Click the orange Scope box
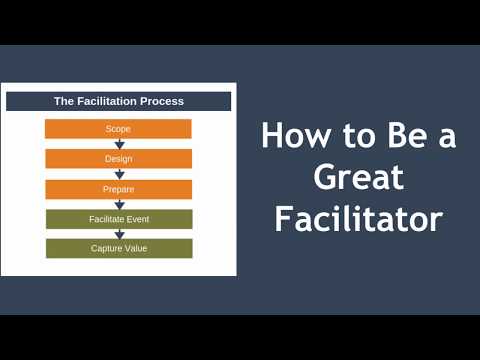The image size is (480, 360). coord(118,129)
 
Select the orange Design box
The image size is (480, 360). coord(118,159)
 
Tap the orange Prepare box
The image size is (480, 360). coord(118,189)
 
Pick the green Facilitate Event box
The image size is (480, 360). coord(118,219)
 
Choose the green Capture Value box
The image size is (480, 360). coord(118,248)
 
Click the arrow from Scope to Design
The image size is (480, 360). coord(119,143)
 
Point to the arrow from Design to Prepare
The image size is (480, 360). coord(119,173)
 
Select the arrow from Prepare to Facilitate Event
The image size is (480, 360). coord(119,204)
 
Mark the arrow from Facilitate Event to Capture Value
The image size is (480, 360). coord(119,233)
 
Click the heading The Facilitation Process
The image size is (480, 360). coord(118,101)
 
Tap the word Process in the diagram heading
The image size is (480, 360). coord(162,101)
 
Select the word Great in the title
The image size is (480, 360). coord(357,178)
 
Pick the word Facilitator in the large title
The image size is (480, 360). coord(357,219)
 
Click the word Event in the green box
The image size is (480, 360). coord(140,219)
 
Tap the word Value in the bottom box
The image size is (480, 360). coord(135,248)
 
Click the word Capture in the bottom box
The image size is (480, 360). coord(105,248)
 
